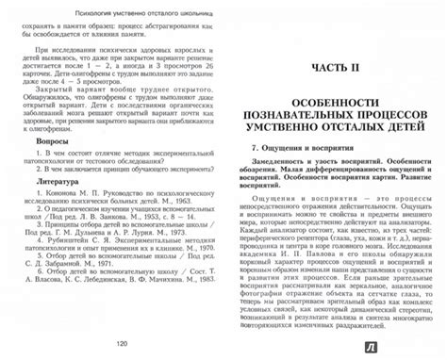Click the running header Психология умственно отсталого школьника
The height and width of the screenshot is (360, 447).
click(x=117, y=15)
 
